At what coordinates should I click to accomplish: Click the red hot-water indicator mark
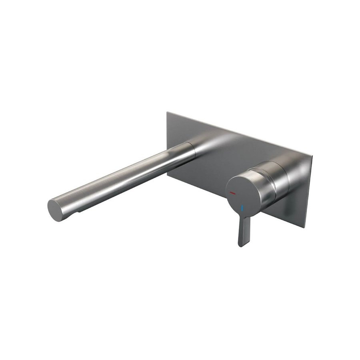[233, 193]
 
